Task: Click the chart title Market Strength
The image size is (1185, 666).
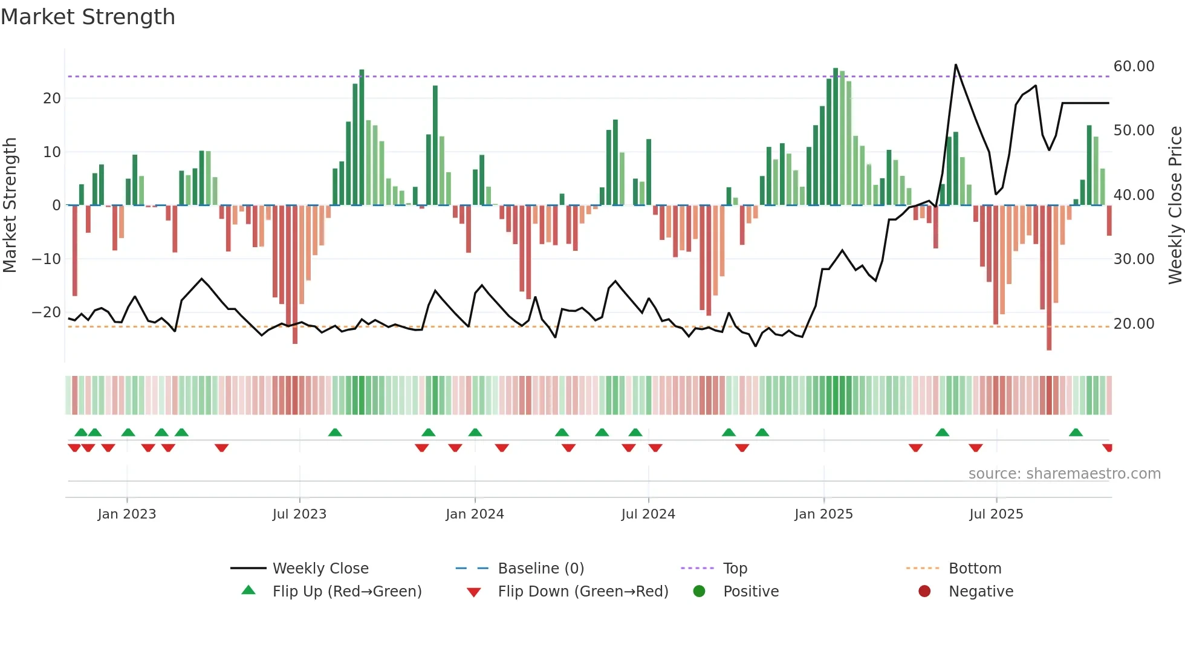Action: [88, 17]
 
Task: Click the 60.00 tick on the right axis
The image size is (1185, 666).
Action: [1134, 66]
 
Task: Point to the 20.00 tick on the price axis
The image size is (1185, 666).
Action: [1134, 323]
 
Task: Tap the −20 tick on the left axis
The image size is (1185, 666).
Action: [46, 312]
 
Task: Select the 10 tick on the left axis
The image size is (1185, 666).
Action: [51, 152]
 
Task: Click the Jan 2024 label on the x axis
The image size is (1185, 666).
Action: [475, 514]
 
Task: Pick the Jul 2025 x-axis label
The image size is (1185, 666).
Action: [996, 514]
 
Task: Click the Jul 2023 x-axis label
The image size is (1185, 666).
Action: [299, 514]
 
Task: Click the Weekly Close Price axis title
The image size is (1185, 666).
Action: [1175, 205]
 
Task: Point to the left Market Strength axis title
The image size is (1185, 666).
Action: [10, 205]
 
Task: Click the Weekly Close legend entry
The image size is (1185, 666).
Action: [320, 568]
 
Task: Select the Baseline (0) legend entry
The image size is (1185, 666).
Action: [541, 568]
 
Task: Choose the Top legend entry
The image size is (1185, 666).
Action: [735, 568]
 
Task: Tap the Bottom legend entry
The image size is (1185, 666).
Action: [975, 568]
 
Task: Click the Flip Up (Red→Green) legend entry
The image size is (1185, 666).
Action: [346, 591]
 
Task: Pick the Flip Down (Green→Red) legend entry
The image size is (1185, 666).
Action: [583, 591]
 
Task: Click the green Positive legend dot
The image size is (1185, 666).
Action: [699, 591]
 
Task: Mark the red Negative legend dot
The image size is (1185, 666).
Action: [924, 591]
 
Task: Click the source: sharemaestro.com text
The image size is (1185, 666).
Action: [1064, 473]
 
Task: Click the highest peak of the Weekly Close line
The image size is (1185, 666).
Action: [956, 64]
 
